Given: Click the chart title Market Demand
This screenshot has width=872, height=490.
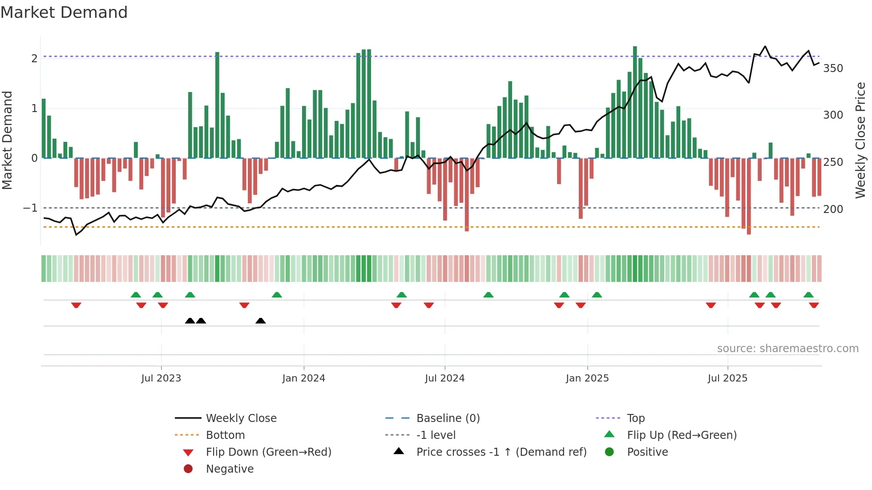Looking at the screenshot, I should pos(64,12).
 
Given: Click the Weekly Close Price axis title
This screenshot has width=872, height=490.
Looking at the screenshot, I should pos(860,140).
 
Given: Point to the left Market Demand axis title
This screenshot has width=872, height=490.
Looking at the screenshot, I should pos(8,140).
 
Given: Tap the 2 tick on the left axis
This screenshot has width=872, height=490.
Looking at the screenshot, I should pos(34,59).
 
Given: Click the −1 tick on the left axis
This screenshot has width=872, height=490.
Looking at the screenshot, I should pos(30,208).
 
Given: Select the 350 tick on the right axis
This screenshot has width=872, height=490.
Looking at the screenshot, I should pos(833,68).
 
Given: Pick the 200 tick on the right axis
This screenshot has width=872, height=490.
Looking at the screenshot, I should pos(833,209).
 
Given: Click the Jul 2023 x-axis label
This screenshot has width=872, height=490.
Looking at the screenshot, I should pos(161,378).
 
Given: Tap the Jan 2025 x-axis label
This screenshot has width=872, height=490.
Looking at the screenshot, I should pos(587,378).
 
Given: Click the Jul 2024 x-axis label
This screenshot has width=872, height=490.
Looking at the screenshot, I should pos(444,378).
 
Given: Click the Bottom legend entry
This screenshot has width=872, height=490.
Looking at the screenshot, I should pos(225,435).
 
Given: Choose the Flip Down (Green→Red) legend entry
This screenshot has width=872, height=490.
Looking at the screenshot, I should pos(268,452).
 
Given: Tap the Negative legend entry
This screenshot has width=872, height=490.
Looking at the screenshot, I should pos(230,469).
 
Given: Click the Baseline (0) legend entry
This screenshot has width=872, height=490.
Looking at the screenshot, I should pos(448,418).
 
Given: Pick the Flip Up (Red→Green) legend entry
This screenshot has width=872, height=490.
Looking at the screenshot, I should pos(682,435).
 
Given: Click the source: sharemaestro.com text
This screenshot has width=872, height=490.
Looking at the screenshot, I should pos(787,349).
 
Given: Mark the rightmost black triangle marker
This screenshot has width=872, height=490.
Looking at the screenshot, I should pos(261,321).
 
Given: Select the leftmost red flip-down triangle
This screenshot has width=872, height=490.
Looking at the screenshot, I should pos(76,305).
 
